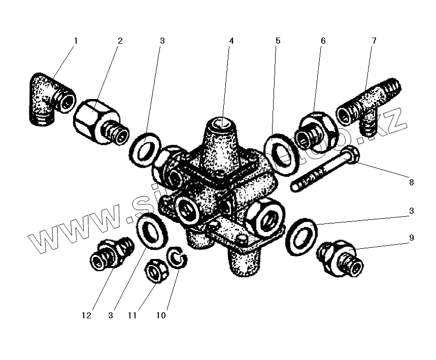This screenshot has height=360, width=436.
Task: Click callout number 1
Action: point(76,41)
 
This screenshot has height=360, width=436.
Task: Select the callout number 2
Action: point(120,41)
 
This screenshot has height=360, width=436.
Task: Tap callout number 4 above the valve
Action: point(231,41)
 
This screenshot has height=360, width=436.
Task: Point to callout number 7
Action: point(374,41)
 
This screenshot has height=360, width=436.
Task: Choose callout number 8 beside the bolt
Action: point(411,182)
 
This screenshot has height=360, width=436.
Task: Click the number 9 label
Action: point(412,237)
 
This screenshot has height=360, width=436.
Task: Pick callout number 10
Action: point(160,315)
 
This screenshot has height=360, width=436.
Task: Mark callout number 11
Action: point(132,315)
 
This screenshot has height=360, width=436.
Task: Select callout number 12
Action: point(86,315)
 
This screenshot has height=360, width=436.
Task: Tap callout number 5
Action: point(278,41)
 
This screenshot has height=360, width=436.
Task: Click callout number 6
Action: point(323,41)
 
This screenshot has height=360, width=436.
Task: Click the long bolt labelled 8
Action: point(325,170)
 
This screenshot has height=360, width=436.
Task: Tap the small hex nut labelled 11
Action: point(156,270)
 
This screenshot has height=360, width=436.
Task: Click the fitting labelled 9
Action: point(340,258)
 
